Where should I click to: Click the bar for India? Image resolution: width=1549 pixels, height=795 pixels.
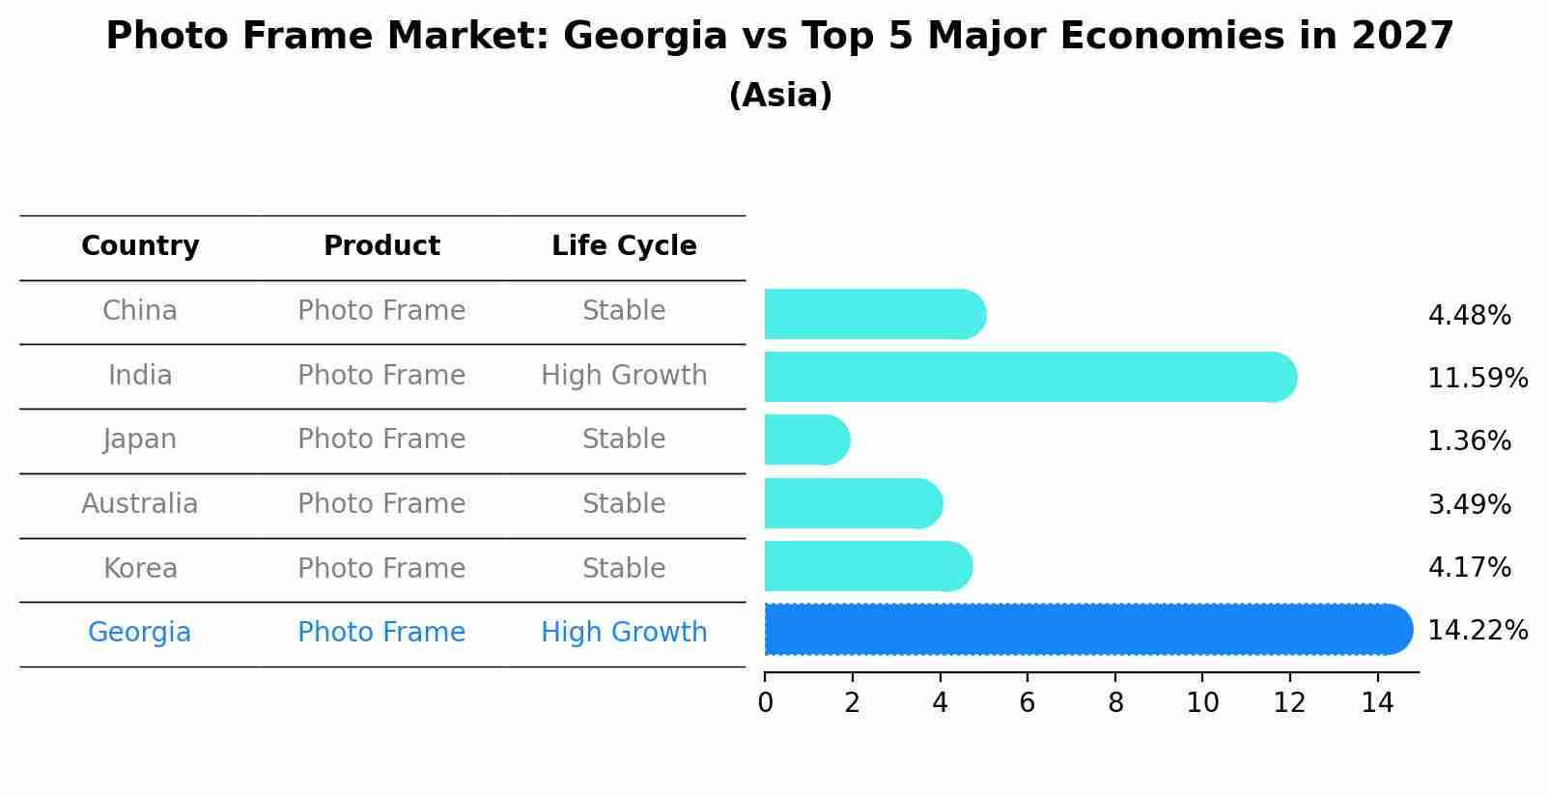point(1029,377)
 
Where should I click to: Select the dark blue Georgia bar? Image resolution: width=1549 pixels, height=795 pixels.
point(1087,630)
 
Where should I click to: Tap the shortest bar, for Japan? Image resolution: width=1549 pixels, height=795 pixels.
point(806,440)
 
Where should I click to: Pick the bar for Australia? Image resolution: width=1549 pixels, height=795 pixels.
point(853,503)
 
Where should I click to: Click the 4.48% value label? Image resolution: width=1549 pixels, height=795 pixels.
point(1469,316)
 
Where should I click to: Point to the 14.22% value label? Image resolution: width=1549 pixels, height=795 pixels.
point(1477,631)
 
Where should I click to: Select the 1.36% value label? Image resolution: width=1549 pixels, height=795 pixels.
point(1469,441)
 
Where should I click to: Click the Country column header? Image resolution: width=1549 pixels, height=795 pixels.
point(140,246)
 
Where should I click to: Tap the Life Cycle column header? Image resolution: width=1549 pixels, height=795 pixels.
point(624,246)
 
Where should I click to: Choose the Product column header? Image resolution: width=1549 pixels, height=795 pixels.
point(381,246)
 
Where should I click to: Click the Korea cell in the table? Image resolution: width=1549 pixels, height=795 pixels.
point(140,568)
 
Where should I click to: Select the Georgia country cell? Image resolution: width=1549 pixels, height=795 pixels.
point(139,633)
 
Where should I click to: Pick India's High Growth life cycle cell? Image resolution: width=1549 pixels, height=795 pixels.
point(624,376)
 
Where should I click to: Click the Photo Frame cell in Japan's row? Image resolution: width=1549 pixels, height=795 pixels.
point(381,440)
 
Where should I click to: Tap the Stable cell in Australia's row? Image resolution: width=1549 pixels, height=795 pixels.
point(624,504)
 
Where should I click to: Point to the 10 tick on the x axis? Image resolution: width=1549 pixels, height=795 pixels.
point(1202,703)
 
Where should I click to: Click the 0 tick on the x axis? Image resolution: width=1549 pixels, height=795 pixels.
point(765,703)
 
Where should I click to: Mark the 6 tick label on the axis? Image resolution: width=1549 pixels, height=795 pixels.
point(1028,703)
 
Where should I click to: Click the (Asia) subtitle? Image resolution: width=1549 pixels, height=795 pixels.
point(780,96)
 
